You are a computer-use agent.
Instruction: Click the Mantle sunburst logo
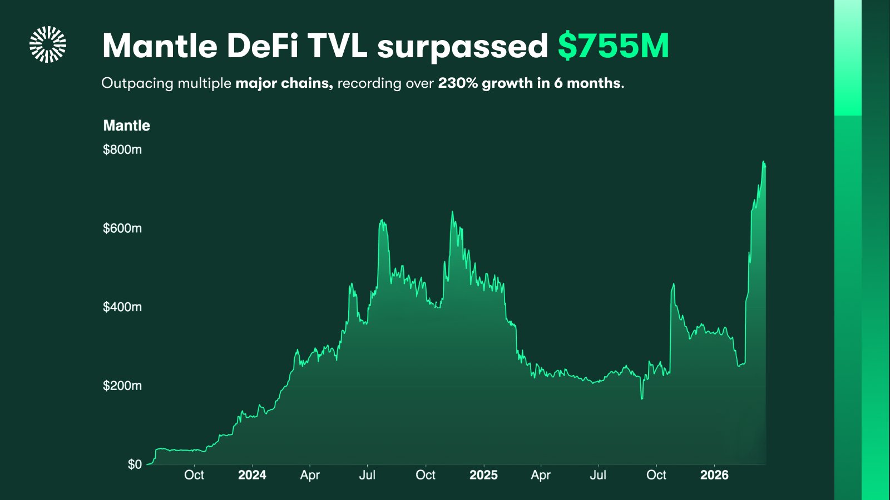pos(48,44)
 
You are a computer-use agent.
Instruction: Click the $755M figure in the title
pos(613,46)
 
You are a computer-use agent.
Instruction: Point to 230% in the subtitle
pos(457,83)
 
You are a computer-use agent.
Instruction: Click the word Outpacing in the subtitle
pos(137,83)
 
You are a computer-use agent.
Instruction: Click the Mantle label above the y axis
pos(126,126)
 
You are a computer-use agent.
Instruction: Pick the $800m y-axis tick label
pos(122,149)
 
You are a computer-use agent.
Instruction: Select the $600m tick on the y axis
pos(122,228)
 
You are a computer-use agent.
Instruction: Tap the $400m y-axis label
pos(122,307)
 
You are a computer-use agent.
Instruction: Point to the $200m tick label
pos(122,386)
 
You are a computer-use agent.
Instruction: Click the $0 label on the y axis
pos(135,464)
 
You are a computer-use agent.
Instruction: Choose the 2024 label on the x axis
pos(252,475)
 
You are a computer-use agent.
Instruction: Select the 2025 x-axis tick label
pos(483,475)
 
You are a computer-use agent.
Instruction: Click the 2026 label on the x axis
pos(714,475)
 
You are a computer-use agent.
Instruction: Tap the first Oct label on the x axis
pos(194,475)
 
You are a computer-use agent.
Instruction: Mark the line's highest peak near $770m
pos(763,162)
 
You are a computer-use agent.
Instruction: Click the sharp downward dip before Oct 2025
pos(642,398)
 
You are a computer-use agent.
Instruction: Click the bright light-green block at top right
pos(848,58)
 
